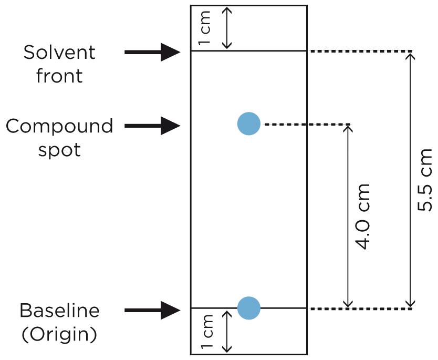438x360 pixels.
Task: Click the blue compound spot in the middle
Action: tap(249, 124)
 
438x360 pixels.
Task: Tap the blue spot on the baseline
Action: tap(249, 307)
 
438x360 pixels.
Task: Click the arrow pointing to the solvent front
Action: tap(152, 52)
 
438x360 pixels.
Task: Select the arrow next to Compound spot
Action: tap(152, 126)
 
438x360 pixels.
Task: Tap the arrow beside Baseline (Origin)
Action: tap(152, 310)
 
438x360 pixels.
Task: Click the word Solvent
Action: tap(59, 53)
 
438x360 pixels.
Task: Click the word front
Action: tap(59, 76)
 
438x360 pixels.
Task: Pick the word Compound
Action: tap(59, 126)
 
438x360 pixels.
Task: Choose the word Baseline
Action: tap(59, 310)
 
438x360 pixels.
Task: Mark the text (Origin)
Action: tap(59, 334)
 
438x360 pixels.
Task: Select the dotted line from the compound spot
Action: tap(307, 125)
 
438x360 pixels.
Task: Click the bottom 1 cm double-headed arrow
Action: tap(227, 331)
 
